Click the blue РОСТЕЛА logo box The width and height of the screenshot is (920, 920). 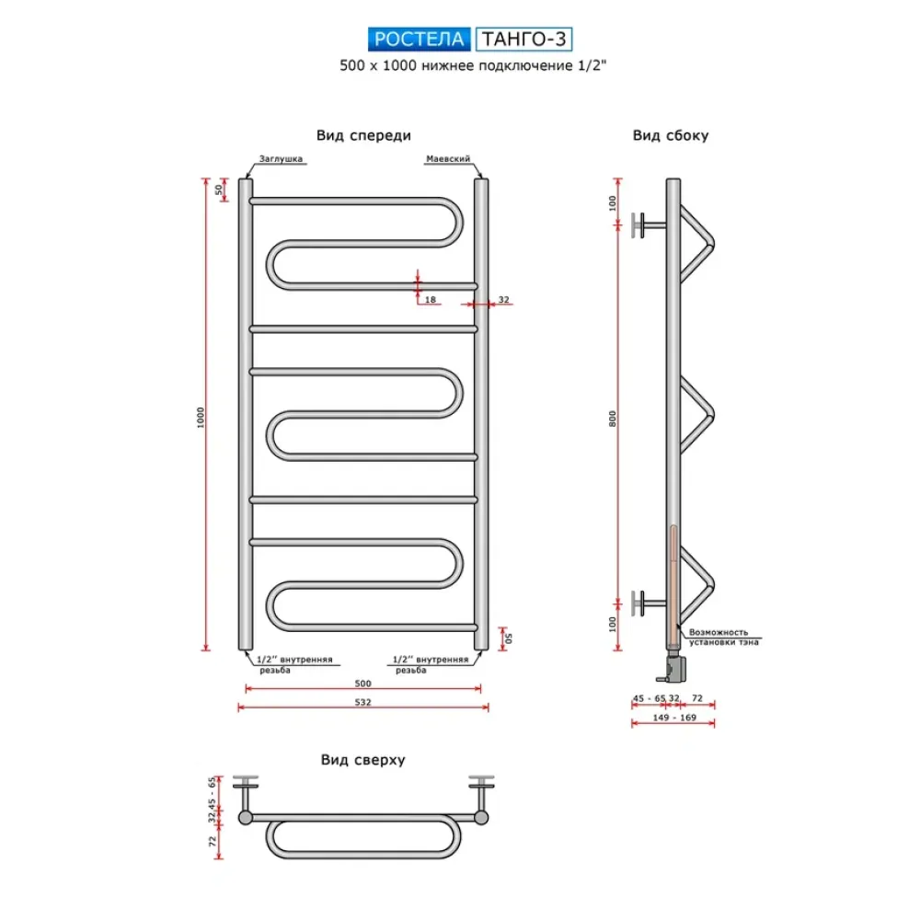click(420, 40)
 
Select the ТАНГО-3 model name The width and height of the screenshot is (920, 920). click(527, 40)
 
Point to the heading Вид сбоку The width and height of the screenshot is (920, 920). click(670, 135)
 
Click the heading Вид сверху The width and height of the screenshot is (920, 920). click(363, 760)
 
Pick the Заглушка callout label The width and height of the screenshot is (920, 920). click(281, 158)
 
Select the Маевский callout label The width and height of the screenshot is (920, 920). click(448, 158)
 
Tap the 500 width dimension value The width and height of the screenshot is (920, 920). click(362, 683)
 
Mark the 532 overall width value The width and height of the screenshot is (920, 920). click(362, 702)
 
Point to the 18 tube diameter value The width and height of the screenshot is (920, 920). click(431, 300)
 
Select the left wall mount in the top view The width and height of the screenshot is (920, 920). click(246, 789)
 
